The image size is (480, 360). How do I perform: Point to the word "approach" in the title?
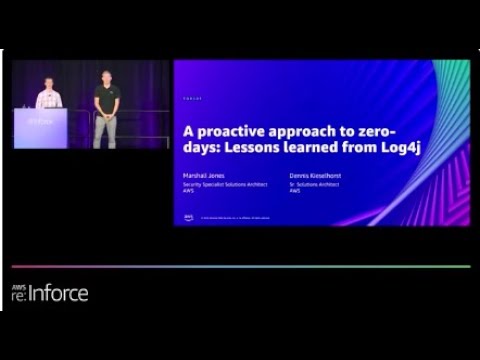[x=317, y=131]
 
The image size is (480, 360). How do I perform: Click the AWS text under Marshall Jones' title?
[x=187, y=190]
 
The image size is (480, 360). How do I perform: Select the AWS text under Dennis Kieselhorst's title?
[x=294, y=190]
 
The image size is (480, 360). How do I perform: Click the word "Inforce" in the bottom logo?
[x=59, y=293]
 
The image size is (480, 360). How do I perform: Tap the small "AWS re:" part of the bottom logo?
[x=19, y=292]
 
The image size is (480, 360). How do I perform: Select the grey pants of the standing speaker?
[x=105, y=129]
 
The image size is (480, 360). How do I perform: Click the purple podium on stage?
[x=40, y=127]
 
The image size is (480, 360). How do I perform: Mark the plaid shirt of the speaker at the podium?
[x=46, y=99]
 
